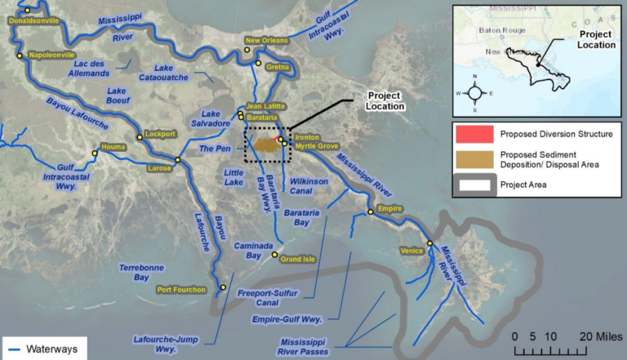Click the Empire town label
coord(390,209)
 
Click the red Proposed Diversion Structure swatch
coord(474,134)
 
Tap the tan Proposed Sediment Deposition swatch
coord(474,159)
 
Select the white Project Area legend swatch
coord(474,184)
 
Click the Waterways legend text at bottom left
coord(50,349)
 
